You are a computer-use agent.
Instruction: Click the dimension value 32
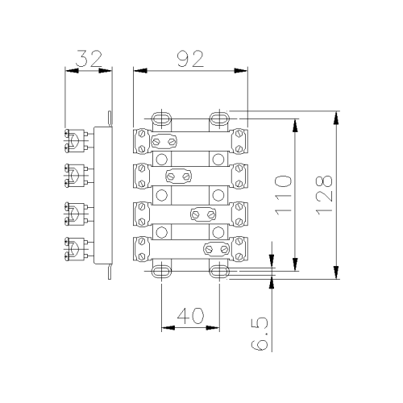tap(89, 59)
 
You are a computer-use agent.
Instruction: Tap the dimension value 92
tap(190, 59)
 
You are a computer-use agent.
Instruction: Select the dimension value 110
tap(284, 195)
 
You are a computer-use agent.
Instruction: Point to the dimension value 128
tap(324, 195)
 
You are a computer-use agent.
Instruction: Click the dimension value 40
tap(191, 316)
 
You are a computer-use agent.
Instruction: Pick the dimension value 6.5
tap(260, 334)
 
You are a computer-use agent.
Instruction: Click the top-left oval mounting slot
tap(161, 118)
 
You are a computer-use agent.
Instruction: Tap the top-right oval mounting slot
tap(219, 118)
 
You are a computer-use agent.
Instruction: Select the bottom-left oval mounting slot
tap(161, 272)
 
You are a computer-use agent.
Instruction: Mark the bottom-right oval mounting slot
tap(219, 272)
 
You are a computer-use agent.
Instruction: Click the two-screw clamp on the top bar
tap(164, 141)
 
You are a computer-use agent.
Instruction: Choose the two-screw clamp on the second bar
tap(178, 177)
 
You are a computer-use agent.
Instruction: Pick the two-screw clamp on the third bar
tap(203, 214)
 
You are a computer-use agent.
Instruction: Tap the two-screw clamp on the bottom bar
tap(217, 250)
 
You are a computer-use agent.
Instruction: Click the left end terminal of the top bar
tap(142, 141)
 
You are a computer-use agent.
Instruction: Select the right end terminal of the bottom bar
tap(239, 249)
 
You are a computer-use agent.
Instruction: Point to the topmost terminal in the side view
tap(77, 141)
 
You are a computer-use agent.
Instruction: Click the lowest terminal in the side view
tap(77, 249)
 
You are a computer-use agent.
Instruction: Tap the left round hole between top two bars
tap(161, 160)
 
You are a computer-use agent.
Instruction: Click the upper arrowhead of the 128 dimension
tap(336, 118)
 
